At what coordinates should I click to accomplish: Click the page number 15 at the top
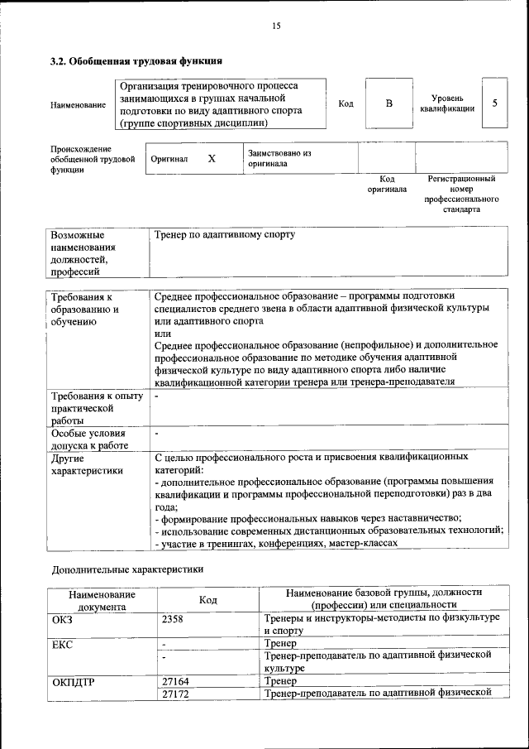coord(276,26)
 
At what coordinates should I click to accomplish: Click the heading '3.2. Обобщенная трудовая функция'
coord(136,60)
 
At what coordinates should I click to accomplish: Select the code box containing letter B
coord(389,103)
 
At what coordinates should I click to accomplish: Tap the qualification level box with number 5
coord(494,103)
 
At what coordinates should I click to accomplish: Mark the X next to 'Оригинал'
coord(212,158)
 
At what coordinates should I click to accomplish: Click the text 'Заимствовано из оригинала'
coord(279,158)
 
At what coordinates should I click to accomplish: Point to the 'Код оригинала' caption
coord(387,184)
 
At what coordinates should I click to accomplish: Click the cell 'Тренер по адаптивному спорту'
coord(224,235)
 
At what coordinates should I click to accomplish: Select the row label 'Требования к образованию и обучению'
coord(85,309)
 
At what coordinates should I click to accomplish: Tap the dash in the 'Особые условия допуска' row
coord(156,432)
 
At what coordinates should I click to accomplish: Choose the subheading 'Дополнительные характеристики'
coord(127,569)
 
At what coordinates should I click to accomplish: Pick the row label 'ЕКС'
coord(62,642)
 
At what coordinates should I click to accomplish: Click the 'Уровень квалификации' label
coord(446,103)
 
